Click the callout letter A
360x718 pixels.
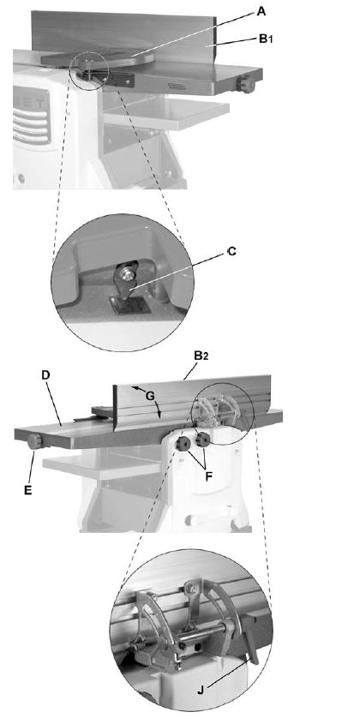pos(261,11)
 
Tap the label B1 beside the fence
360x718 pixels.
pos(266,39)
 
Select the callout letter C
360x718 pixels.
pos(231,251)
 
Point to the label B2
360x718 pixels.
pos(201,356)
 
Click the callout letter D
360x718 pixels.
pos(45,374)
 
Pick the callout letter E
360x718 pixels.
pos(28,489)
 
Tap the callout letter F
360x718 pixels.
pos(208,476)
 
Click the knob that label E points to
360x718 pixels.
pos(35,442)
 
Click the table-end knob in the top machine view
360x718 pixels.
pos(247,84)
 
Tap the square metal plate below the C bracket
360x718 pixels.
pos(131,304)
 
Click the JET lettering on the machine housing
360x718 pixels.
pos(33,101)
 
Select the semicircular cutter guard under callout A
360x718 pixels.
pos(98,60)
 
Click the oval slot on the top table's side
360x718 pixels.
pos(177,86)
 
